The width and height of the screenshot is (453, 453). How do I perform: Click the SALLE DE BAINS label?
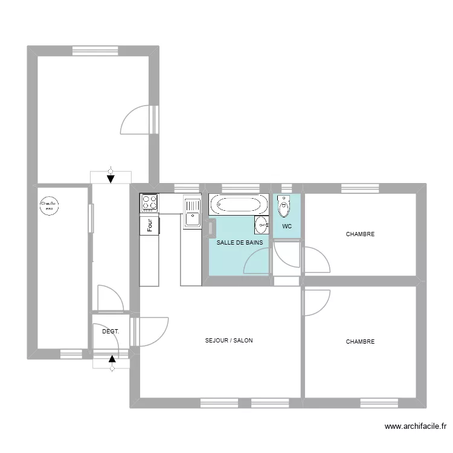point(240,242)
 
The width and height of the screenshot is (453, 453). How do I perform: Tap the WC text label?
point(287,226)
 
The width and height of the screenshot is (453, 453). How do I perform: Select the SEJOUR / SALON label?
point(229,341)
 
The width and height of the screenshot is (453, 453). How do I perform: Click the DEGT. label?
point(111,332)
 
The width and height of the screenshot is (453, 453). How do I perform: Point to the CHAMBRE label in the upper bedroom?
point(360,234)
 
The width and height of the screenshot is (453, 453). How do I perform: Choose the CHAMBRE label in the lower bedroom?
point(360,341)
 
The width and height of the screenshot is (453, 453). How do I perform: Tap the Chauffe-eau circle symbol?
point(49,207)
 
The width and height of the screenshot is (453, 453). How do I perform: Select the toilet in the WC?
point(284,206)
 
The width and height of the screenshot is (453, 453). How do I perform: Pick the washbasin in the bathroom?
point(261,225)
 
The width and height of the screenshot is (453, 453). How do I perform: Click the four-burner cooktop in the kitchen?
point(149,203)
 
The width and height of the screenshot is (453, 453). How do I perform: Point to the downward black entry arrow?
point(110,178)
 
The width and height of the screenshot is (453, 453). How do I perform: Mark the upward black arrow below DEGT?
point(112,361)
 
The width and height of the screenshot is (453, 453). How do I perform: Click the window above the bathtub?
point(239,187)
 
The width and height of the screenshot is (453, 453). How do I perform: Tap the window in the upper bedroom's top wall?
point(361,187)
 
